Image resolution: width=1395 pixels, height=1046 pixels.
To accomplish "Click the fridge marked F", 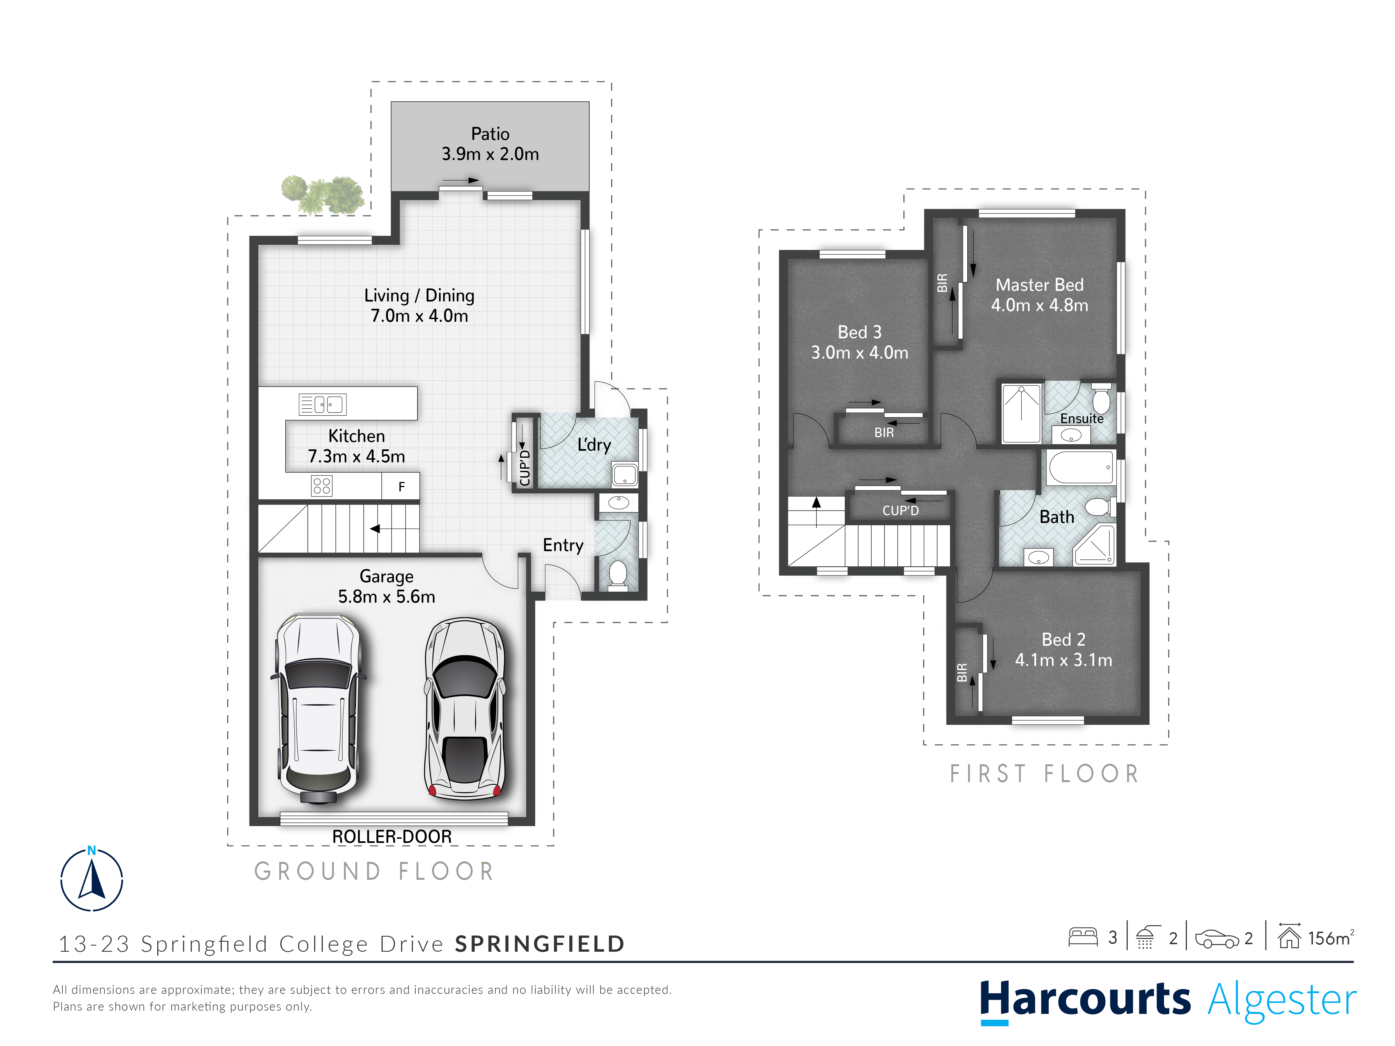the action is (401, 486).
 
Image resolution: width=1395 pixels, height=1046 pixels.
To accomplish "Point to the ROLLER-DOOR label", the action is (392, 837).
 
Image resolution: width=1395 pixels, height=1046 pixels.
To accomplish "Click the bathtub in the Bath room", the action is (1080, 467).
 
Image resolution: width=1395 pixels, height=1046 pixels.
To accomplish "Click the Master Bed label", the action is (1039, 285).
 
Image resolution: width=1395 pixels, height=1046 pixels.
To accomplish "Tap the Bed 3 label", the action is (860, 332).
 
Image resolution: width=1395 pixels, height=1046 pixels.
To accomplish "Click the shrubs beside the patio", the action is (322, 194).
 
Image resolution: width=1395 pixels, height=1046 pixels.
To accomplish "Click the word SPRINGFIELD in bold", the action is (540, 944).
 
